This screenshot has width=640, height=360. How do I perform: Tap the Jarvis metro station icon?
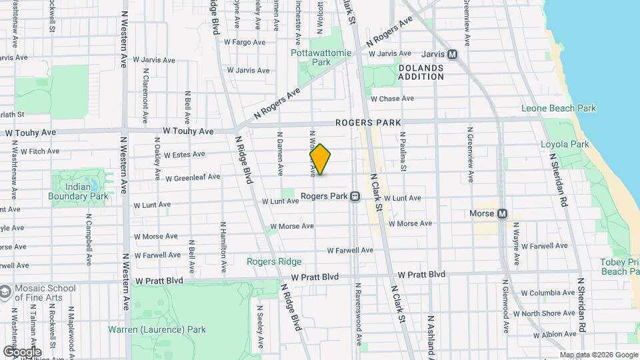[453, 55]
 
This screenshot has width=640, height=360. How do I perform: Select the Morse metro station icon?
[503, 213]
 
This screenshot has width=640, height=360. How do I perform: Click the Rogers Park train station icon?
[355, 197]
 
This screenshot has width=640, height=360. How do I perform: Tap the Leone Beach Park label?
[558, 108]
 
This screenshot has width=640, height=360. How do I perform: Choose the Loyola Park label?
[565, 144]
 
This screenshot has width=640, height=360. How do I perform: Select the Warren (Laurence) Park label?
[157, 329]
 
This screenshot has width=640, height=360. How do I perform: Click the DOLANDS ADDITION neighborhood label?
[421, 72]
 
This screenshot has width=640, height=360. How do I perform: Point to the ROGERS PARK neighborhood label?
[368, 123]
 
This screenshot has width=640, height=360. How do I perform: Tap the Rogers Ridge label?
[274, 261]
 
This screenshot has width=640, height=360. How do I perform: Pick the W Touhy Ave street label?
[30, 133]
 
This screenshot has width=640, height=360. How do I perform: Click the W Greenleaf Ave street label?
[193, 178]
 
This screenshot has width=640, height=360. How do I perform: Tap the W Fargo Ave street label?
[245, 41]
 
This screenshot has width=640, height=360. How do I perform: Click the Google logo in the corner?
[22, 351]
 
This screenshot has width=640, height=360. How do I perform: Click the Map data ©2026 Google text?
[598, 355]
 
